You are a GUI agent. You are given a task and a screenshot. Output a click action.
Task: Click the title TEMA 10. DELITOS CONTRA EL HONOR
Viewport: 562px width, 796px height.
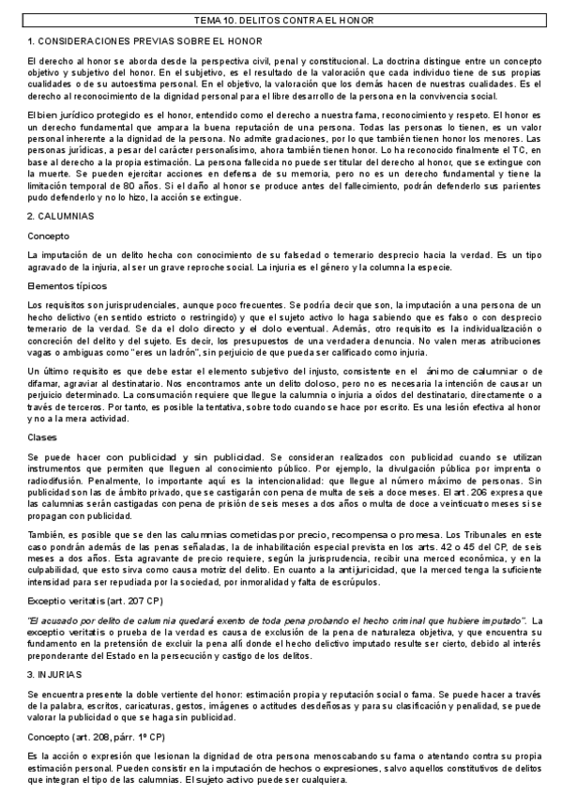point(280,20)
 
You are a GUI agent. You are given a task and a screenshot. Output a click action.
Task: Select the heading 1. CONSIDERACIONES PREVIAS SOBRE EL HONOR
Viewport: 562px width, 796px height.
point(145,41)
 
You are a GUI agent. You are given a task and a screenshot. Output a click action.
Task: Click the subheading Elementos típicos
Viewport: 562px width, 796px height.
point(68,285)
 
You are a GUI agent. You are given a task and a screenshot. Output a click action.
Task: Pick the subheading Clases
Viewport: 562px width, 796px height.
point(44,438)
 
